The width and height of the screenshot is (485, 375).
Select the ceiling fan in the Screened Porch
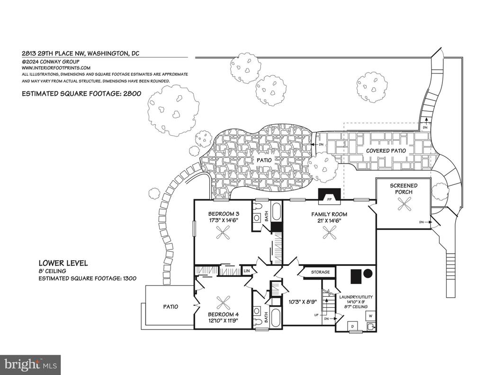pyautogui.click(x=404, y=204)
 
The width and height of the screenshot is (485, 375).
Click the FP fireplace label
pyautogui.click(x=330, y=200)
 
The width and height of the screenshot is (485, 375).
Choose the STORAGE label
pyautogui.click(x=321, y=272)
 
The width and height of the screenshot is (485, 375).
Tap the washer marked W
pyautogui.click(x=370, y=316)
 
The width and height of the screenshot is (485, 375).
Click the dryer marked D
pyautogui.click(x=353, y=326)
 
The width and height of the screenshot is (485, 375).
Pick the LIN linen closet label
pyautogui.click(x=246, y=271)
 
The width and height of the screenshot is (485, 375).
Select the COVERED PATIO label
pyautogui.click(x=386, y=151)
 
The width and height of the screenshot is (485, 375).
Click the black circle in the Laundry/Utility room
pyautogui.click(x=368, y=274)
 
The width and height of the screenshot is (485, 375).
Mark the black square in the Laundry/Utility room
pyautogui.click(x=356, y=276)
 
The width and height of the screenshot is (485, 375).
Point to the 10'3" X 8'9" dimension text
pyautogui.click(x=303, y=302)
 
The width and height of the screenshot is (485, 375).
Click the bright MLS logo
pyautogui.click(x=30, y=365)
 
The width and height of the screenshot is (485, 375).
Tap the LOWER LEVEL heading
pyautogui.click(x=63, y=263)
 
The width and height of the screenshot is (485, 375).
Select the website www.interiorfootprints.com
pyautogui.click(x=56, y=68)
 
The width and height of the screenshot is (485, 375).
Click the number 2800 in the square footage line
pyautogui.click(x=132, y=93)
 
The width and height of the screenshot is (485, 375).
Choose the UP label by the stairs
pyautogui.click(x=316, y=315)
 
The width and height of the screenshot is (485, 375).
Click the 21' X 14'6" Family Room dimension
pyautogui.click(x=329, y=221)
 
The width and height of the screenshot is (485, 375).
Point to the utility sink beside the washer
pyautogui.click(x=371, y=326)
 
